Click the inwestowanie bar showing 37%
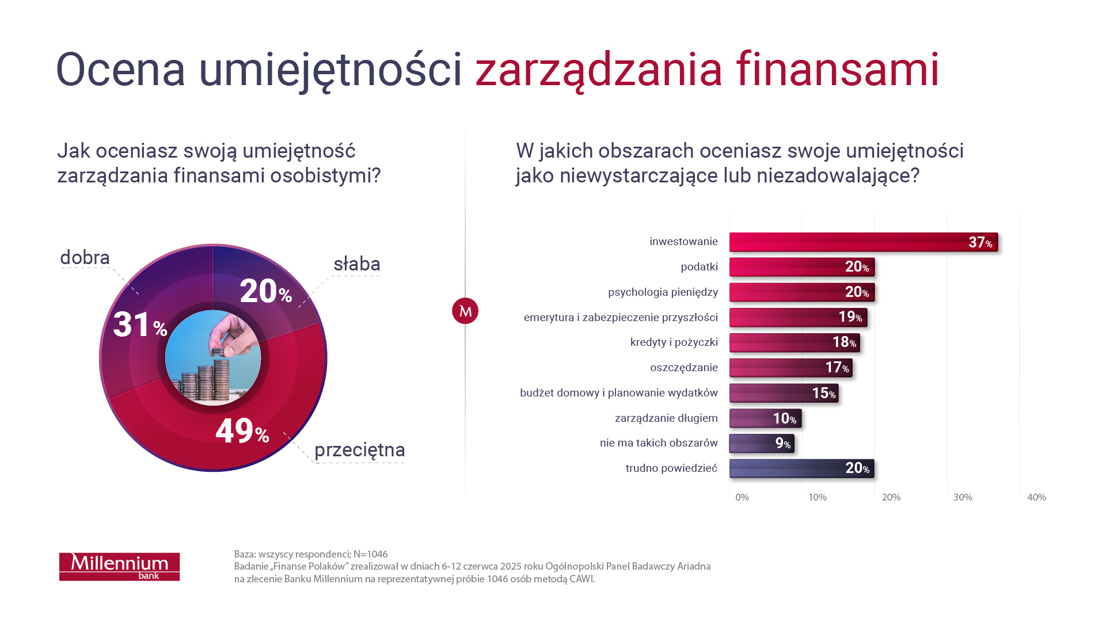[x=863, y=242]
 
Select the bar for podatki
[x=801, y=267]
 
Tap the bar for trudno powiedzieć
[x=801, y=468]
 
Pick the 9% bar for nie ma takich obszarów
[x=761, y=444]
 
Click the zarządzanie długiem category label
[x=666, y=418]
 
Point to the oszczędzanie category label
[x=684, y=368]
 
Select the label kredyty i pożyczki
[x=674, y=342]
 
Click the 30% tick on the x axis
[x=963, y=497]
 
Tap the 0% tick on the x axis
[x=742, y=497]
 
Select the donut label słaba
[x=357, y=264]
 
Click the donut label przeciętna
[x=360, y=450]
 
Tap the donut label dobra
[x=85, y=258]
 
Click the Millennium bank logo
[x=120, y=567]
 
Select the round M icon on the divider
[x=465, y=311]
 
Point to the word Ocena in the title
[x=121, y=70]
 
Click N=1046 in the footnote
[x=370, y=554]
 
